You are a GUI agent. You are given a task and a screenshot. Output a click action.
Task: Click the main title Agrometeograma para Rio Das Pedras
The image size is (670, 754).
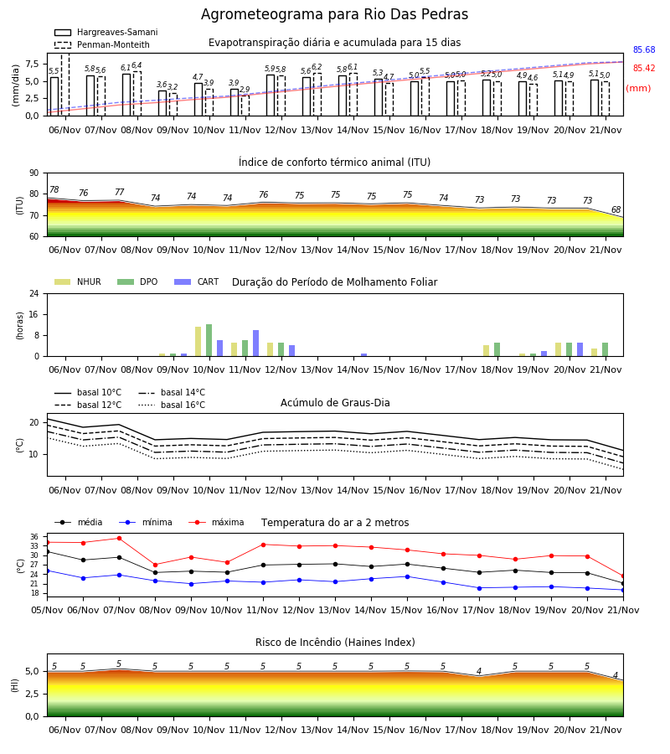(334, 14)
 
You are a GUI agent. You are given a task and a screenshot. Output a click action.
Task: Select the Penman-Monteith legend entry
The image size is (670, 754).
(102, 44)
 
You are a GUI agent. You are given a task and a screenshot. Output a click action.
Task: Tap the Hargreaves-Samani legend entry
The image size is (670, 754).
(106, 32)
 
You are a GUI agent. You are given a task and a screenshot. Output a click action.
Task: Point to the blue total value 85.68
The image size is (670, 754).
(644, 49)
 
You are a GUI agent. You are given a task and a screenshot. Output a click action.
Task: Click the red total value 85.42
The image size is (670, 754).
(644, 69)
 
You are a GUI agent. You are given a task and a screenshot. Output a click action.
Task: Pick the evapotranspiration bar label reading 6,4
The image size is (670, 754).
(137, 65)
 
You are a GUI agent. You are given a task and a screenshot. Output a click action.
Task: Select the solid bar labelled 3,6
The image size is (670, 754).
(162, 103)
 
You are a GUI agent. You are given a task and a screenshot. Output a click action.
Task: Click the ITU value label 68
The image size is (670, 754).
(616, 209)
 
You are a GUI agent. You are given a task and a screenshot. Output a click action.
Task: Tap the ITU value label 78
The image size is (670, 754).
(54, 189)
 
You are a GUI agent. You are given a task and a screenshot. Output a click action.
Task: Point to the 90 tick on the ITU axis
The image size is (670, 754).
(34, 173)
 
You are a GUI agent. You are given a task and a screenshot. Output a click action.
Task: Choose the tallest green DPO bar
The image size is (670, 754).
(209, 340)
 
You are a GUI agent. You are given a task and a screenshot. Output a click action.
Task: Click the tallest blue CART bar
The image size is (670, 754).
(255, 343)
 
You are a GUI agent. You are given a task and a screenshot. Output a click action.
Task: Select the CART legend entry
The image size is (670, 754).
(196, 281)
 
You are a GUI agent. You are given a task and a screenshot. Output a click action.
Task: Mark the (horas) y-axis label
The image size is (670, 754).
(20, 326)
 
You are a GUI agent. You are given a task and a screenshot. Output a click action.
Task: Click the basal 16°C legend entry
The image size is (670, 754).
(172, 405)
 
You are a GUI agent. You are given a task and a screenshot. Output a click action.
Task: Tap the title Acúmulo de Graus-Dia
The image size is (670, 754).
(335, 402)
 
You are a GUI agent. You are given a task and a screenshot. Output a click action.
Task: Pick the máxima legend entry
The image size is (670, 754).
(216, 522)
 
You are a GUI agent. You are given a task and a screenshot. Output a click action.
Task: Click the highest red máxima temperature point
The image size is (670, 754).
(119, 538)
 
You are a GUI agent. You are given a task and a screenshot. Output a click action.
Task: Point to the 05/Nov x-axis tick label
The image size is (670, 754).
(47, 610)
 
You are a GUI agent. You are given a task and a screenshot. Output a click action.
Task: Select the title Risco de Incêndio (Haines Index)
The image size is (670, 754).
(335, 643)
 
